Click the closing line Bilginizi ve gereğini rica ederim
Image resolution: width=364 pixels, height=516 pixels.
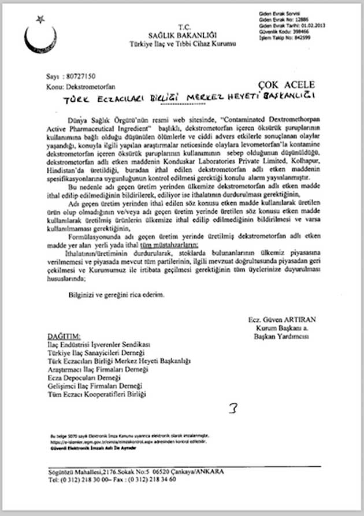pyautogui.click(x=116, y=294)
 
